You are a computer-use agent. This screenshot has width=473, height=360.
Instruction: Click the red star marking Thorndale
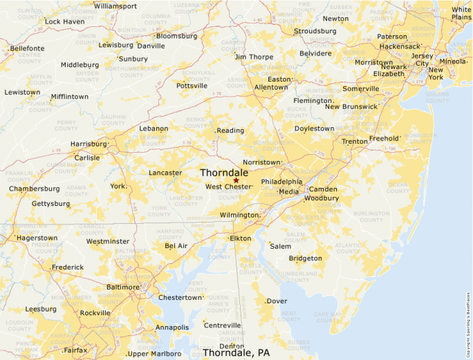236,180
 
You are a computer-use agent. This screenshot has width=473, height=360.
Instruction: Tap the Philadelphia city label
281,182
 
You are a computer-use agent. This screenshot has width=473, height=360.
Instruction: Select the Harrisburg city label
89,144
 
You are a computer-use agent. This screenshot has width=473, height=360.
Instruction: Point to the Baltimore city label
124,287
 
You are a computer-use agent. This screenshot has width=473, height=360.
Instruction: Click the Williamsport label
115,6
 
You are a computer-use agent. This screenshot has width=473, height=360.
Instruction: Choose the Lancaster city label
165,173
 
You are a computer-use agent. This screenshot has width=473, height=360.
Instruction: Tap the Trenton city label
355,142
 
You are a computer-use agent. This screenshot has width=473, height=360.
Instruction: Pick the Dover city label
277,301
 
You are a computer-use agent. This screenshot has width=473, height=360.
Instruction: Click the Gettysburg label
50,204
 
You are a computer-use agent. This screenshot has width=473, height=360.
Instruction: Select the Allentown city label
270,88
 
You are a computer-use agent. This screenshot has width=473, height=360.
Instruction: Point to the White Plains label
461,13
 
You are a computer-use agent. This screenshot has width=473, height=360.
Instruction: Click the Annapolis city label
172,328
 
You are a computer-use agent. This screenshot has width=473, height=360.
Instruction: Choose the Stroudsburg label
315,31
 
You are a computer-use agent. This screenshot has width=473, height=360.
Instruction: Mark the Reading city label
231,131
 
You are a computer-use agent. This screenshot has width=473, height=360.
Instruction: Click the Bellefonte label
27,48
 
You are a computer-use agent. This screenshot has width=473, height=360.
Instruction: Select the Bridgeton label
305,258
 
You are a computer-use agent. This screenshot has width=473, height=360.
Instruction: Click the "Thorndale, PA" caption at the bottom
236,352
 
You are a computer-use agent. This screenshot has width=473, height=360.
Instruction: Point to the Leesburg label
41,309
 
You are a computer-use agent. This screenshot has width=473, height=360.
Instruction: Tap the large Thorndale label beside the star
224,172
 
